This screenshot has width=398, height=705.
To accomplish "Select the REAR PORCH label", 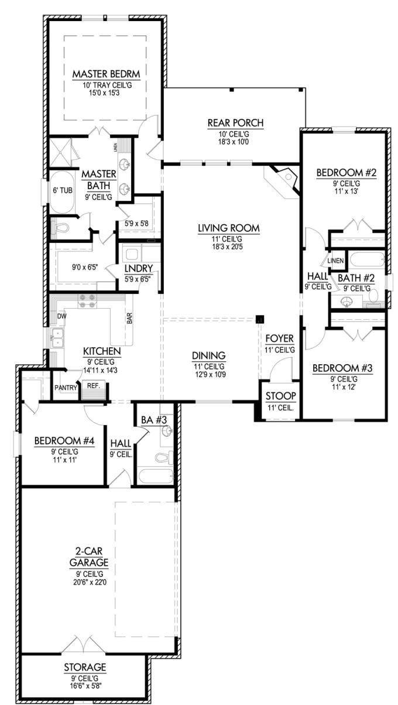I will point(235,123).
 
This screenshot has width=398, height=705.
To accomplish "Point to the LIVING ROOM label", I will point(228,228).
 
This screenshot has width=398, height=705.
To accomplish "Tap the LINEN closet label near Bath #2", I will point(335,261).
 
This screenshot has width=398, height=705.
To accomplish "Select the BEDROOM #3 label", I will point(342,368).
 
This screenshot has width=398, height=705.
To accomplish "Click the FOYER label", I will point(280,339).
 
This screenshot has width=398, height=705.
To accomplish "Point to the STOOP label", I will point(280,395).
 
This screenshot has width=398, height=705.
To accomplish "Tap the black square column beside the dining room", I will point(260,319).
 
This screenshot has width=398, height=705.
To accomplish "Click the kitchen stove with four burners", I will point(87,301).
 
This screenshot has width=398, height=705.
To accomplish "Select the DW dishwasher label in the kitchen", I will point(61,316).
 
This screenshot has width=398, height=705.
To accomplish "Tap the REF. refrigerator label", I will point(94,386).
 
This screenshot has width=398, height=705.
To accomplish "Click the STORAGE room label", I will point(85,667).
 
